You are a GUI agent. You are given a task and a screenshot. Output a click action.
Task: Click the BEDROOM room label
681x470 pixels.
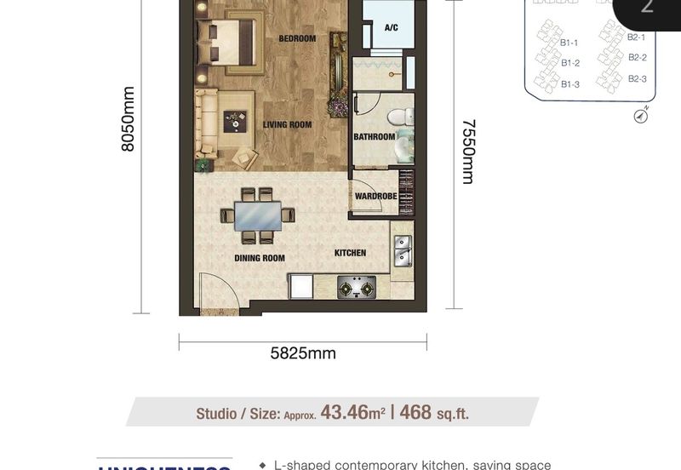[x=297, y=38]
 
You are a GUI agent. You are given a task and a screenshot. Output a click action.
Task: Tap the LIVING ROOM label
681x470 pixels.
[x=287, y=125]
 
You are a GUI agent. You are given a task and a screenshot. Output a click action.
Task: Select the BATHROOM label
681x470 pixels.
[x=375, y=137]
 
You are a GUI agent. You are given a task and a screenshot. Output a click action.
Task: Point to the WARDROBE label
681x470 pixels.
[x=376, y=197]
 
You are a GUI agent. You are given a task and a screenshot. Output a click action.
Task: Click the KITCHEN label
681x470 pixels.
[x=350, y=253]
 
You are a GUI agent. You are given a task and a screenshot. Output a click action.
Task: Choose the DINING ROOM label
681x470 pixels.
[x=260, y=258]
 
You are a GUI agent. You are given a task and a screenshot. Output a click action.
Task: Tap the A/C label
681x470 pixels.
[x=392, y=28]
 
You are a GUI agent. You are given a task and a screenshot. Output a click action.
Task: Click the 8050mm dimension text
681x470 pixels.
[x=129, y=119]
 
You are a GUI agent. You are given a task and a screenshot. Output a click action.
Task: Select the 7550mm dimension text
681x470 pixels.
[x=467, y=151]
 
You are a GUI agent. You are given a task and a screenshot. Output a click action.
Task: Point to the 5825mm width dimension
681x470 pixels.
[x=303, y=353]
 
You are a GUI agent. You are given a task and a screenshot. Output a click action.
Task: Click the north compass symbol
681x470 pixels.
[x=641, y=115]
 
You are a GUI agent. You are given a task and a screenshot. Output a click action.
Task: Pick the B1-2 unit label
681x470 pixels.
[x=570, y=63]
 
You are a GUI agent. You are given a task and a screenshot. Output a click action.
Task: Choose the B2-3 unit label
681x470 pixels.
[x=638, y=78]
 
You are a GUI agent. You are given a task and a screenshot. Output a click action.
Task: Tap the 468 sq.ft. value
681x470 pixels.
[x=433, y=414]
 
